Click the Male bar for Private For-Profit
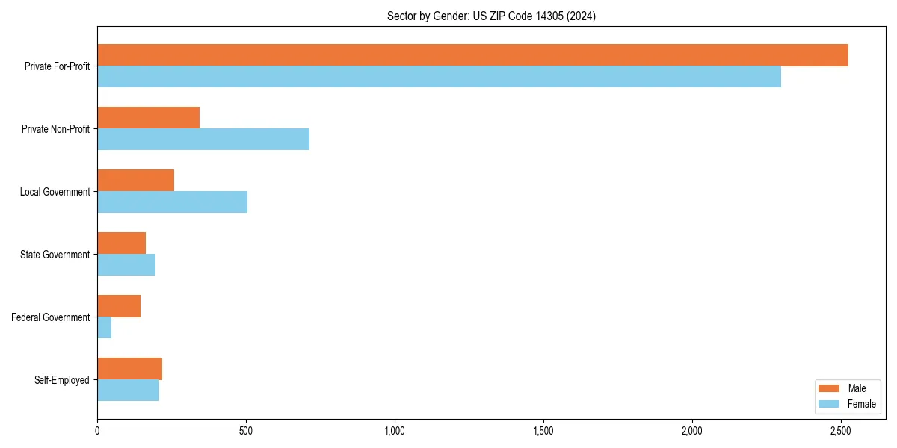(472, 55)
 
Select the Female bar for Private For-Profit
(439, 77)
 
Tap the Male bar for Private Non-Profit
(148, 118)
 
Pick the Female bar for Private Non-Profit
(203, 140)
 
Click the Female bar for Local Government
(172, 202)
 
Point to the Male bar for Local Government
(135, 181)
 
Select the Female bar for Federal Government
(105, 328)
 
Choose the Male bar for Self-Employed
(129, 369)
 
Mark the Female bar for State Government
(126, 265)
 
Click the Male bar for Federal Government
(119, 306)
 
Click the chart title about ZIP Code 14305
(491, 16)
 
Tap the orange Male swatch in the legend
(830, 388)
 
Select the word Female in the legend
(862, 404)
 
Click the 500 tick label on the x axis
(246, 431)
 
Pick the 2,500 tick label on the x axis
(841, 431)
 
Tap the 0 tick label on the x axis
(97, 431)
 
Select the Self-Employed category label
(62, 380)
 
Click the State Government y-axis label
(55, 255)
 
